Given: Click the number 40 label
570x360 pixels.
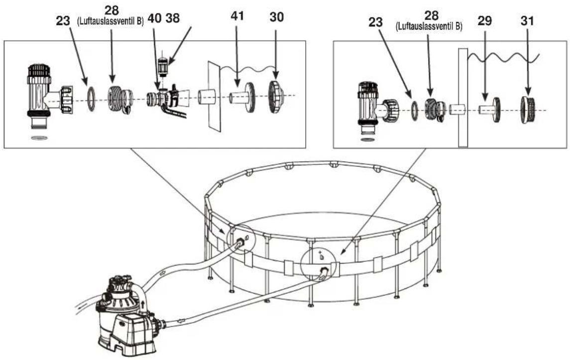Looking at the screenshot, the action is [x=154, y=18].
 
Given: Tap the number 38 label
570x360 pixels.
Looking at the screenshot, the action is [x=173, y=18].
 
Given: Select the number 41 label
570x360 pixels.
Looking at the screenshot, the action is [x=237, y=16].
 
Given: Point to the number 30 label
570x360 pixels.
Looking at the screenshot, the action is [x=277, y=17].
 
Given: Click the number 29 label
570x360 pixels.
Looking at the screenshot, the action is [x=484, y=21].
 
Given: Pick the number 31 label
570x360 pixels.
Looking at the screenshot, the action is [x=527, y=21].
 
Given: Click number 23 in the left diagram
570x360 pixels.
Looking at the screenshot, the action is [x=63, y=21].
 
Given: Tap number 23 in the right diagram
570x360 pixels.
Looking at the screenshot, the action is [x=375, y=22].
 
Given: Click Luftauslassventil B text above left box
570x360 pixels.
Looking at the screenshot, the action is [x=111, y=22].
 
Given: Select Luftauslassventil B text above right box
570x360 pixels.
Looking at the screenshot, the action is [x=429, y=26].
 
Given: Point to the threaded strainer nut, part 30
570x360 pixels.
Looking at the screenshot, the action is [x=276, y=96].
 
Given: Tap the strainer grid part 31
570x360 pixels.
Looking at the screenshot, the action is [x=529, y=110].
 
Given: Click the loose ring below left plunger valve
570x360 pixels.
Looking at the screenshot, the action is [x=39, y=138].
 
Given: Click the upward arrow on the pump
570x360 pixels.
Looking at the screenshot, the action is [x=144, y=304].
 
